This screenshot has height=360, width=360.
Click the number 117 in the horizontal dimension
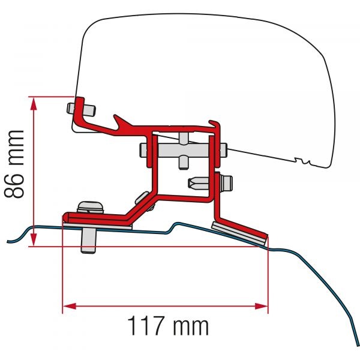(x=148, y=327)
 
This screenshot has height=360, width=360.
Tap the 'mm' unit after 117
(x=191, y=327)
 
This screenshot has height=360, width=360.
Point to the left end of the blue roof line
(x=8, y=241)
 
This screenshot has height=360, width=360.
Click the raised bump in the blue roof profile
(x=179, y=226)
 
